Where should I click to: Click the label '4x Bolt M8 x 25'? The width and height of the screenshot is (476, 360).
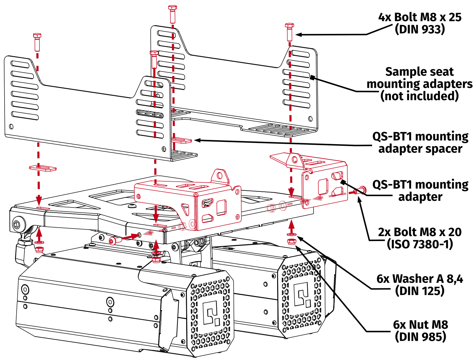tap(420, 17)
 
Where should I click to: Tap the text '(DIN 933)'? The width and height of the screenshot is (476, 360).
tap(420, 29)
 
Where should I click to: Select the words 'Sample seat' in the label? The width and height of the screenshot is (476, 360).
tap(419, 71)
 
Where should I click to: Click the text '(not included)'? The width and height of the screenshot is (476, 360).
tap(419, 96)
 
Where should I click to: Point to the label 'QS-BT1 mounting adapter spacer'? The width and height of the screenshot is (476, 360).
tap(420, 142)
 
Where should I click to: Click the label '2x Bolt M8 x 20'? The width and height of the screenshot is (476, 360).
tap(420, 232)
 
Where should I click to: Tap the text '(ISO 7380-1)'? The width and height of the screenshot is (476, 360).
tap(420, 244)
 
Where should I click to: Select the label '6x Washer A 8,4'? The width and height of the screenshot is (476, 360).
tap(420, 279)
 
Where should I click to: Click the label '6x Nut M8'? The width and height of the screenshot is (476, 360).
tap(420, 325)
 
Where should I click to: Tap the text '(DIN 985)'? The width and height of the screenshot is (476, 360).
tap(420, 337)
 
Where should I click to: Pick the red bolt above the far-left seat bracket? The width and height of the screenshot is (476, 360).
tap(37, 41)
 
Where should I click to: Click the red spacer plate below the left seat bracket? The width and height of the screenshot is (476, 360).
tap(43, 168)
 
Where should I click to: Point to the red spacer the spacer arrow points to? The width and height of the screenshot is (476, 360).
tap(181, 140)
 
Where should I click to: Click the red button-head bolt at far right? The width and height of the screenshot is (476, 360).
tap(361, 190)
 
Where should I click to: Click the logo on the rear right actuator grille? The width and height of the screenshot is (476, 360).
tap(302, 294)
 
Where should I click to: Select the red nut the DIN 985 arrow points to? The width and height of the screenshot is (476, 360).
tap(291, 242)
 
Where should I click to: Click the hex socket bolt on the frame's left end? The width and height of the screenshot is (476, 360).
tap(17, 224)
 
